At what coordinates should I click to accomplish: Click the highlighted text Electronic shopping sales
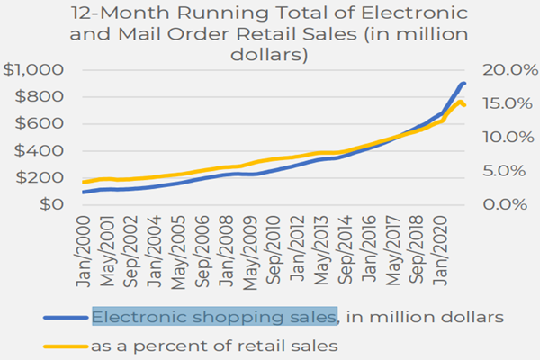point(214,316)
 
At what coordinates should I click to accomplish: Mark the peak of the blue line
point(463,84)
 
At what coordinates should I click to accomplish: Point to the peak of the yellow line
point(459,102)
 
